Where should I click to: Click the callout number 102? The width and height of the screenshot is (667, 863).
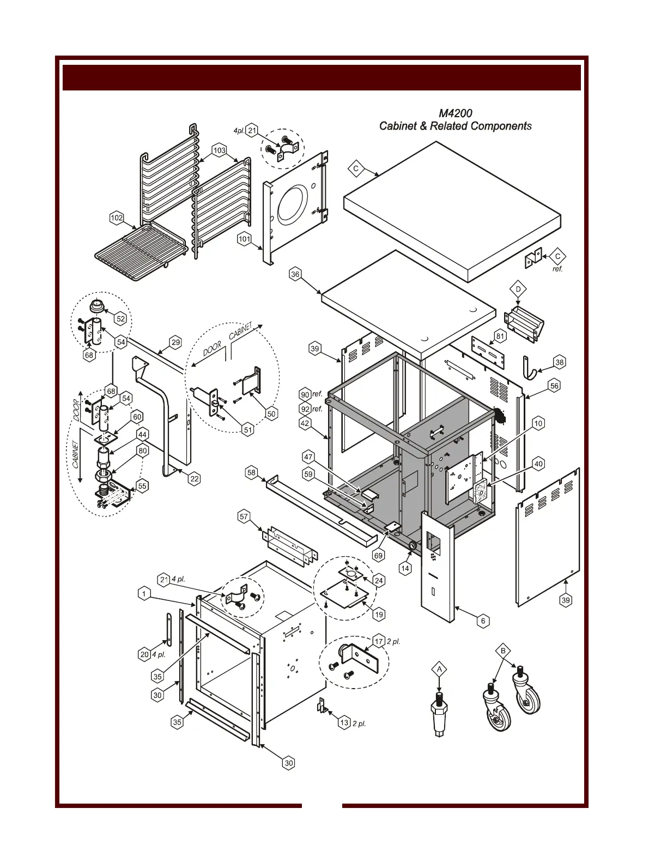click(x=117, y=218)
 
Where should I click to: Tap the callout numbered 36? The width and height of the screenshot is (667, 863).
click(x=295, y=275)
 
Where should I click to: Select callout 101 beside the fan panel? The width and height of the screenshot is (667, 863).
click(x=244, y=239)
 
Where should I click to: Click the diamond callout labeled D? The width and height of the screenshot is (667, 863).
click(x=518, y=288)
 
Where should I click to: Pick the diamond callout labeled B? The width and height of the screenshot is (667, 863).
click(x=504, y=651)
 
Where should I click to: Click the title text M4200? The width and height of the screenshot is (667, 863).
click(x=455, y=113)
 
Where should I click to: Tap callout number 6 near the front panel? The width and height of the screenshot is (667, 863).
click(x=482, y=621)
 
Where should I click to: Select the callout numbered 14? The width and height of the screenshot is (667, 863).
click(x=405, y=568)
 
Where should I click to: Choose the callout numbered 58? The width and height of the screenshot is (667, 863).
click(x=251, y=472)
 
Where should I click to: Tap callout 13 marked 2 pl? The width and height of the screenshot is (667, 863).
click(x=344, y=723)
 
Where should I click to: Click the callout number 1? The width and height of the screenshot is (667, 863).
click(x=143, y=594)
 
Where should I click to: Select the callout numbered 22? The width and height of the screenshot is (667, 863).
click(x=195, y=479)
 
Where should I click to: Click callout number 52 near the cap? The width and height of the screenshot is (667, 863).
click(x=120, y=319)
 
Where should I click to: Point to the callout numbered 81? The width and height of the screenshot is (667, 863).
click(x=500, y=336)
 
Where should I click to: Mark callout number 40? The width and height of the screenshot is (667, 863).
click(x=538, y=464)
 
